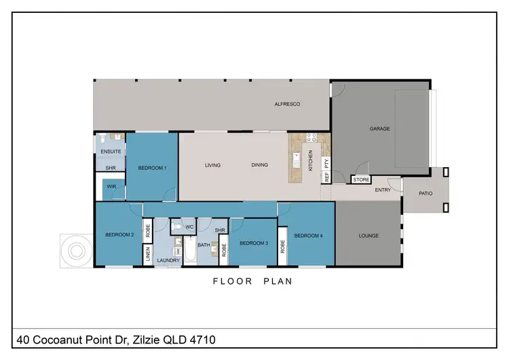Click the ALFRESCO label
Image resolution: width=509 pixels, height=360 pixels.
287,104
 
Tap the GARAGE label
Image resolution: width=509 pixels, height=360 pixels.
379,128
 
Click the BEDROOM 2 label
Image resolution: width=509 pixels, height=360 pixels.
119,235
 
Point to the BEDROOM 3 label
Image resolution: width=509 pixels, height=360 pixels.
253,242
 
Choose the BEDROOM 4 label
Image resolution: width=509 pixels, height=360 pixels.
308,236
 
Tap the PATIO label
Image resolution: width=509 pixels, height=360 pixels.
426,194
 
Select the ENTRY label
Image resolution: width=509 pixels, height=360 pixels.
383,190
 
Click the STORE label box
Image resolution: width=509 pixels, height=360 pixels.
361,180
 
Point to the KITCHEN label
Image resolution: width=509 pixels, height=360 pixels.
311,160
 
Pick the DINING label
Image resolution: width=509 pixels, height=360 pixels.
260,165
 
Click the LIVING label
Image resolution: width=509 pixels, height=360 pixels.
214,165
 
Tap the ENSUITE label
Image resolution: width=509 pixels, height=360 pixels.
111,151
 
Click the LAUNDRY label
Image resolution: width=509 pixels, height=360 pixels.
168,260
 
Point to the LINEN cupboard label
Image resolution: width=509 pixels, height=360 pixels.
147,255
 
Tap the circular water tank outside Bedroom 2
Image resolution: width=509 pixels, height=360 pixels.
75,251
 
